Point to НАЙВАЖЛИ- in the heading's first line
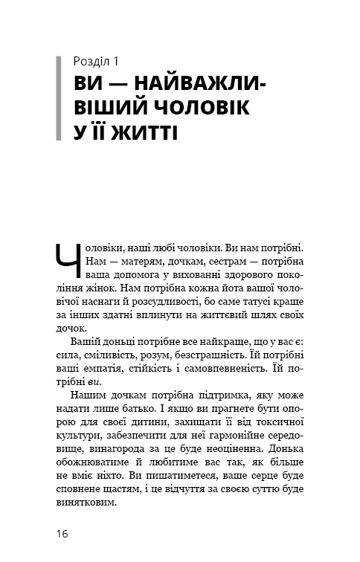click(195, 83)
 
